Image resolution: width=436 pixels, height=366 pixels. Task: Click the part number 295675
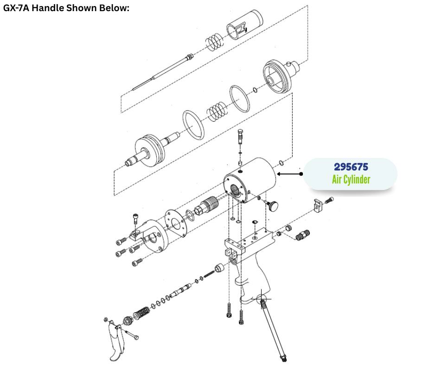tap(351, 167)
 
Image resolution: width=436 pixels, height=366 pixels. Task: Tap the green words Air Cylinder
tap(351, 179)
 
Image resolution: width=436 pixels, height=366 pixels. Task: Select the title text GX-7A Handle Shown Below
tap(66, 8)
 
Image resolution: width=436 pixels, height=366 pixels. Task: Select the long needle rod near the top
tap(163, 72)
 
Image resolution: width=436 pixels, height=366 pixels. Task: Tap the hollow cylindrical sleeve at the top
tap(245, 25)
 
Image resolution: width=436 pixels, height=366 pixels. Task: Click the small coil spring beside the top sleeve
tap(214, 42)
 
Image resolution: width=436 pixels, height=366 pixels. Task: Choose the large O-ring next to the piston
tap(193, 125)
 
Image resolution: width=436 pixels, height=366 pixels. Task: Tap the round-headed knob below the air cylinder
tap(273, 206)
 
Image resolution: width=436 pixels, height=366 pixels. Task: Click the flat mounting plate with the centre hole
tap(175, 223)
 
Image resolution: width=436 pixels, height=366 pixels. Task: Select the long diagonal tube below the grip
tap(273, 329)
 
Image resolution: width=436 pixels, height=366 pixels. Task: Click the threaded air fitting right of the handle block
tap(302, 235)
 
